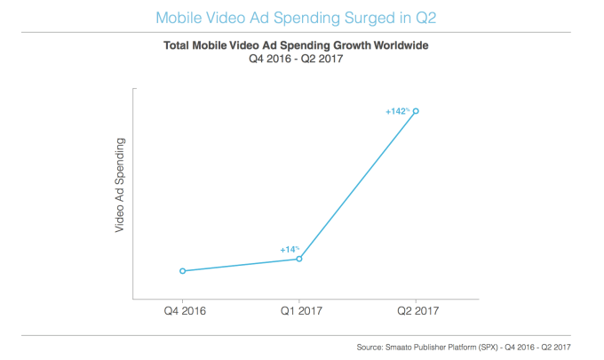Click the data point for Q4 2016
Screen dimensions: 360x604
[x=182, y=271]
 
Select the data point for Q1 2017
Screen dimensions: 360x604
[x=299, y=259]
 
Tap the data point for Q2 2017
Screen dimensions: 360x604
[x=416, y=111]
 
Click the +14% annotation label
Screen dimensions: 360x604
[x=290, y=250]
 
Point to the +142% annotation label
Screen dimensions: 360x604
[x=396, y=111]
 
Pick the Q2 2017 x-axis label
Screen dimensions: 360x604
[x=416, y=311]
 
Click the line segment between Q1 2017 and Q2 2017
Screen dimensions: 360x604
[x=357, y=185]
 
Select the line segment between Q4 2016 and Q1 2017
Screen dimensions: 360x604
[x=241, y=265]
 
